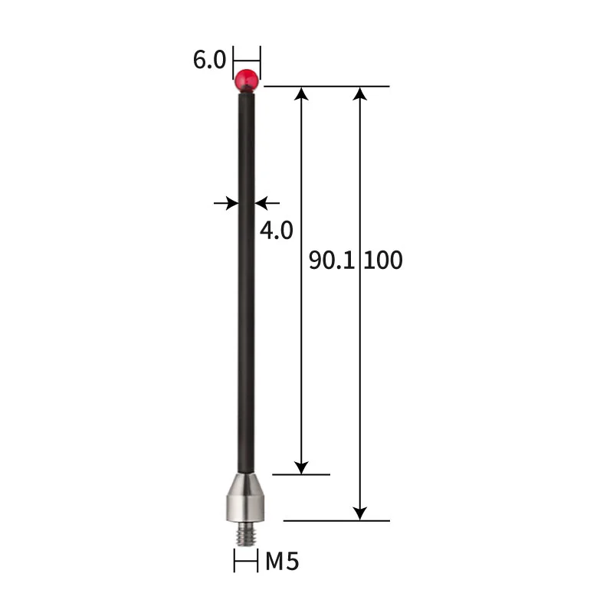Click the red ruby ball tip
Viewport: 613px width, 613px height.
tap(247, 78)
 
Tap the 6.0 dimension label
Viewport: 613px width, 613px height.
tap(210, 61)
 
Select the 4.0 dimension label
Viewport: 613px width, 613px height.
tap(277, 230)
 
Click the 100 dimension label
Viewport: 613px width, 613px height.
tap(383, 261)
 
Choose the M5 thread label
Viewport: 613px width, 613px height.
tap(282, 562)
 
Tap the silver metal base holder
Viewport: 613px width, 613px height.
tap(246, 499)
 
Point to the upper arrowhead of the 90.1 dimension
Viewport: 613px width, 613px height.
tap(302, 93)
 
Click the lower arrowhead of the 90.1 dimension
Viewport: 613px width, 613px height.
tap(302, 467)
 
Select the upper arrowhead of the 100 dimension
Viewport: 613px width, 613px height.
tap(360, 93)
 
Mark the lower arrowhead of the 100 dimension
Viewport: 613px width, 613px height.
tap(360, 513)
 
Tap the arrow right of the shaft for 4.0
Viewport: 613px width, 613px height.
tap(264, 203)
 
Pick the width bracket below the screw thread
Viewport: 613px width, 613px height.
tap(246, 562)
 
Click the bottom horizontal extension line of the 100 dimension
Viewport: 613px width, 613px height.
tap(337, 520)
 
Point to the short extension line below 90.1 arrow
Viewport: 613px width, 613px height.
tap(301, 474)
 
